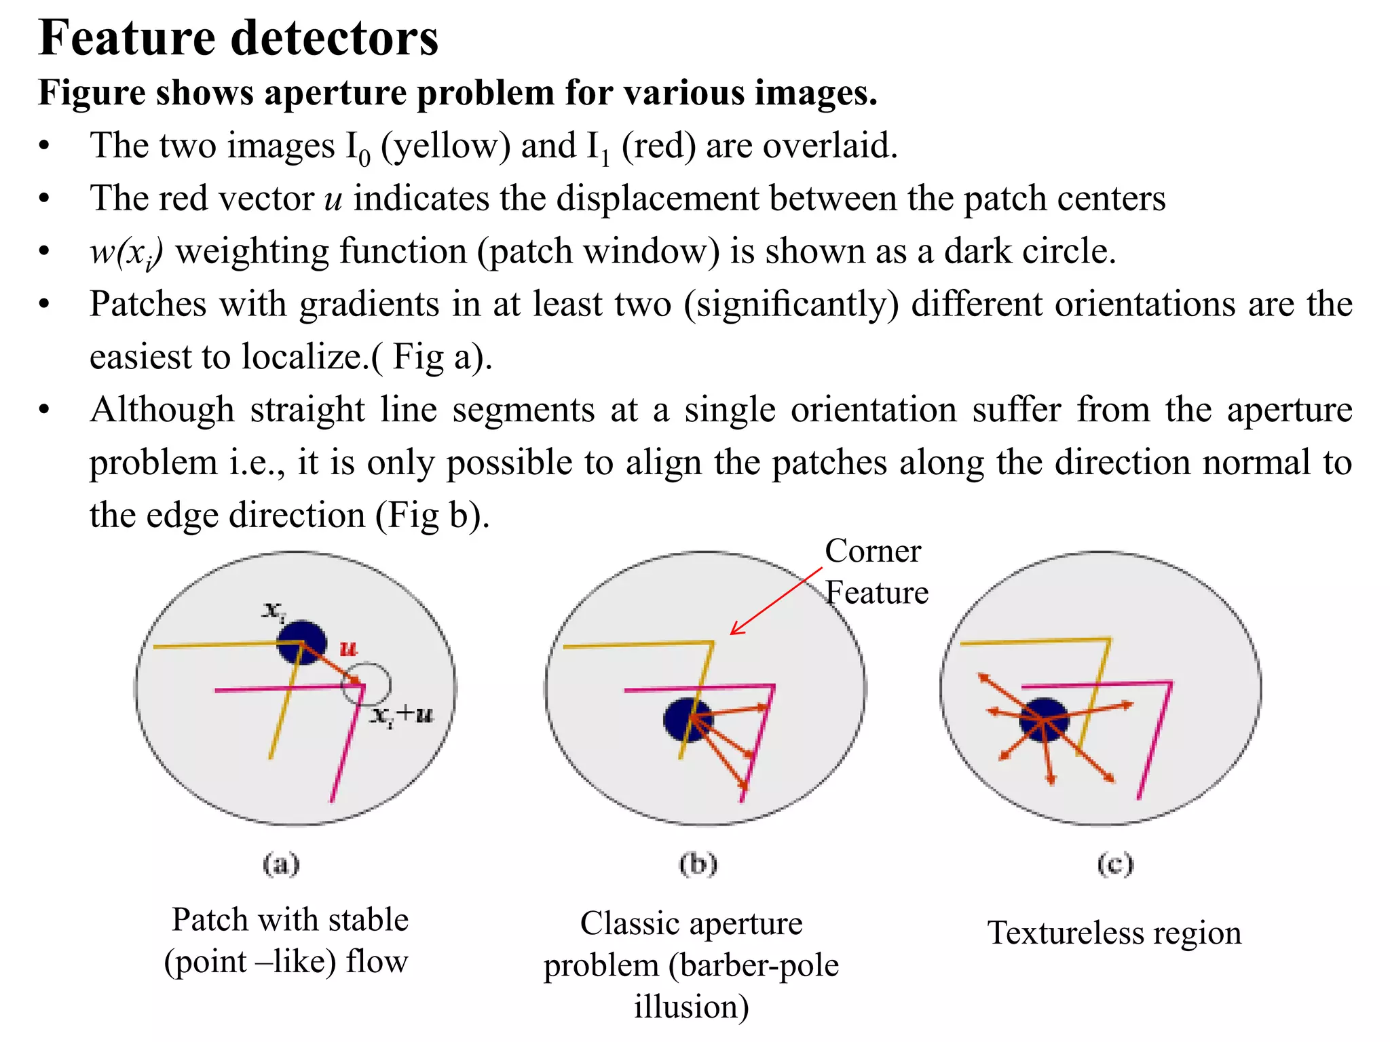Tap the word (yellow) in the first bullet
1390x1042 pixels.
click(445, 146)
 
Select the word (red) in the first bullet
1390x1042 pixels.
click(658, 146)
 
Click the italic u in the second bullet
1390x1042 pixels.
click(333, 199)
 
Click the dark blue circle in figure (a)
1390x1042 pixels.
click(301, 642)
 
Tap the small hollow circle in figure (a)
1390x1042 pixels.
click(366, 684)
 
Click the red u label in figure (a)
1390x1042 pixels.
click(348, 649)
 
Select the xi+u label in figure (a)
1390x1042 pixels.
click(402, 714)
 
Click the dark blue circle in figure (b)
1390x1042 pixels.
click(687, 720)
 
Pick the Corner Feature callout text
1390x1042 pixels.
click(876, 572)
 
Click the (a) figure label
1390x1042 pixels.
click(281, 864)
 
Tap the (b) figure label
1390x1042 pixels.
click(698, 864)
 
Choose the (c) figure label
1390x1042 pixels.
click(1115, 864)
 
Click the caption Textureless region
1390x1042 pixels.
click(1114, 933)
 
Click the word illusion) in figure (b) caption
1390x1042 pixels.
click(692, 1007)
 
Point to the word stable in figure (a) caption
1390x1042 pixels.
click(368, 921)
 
